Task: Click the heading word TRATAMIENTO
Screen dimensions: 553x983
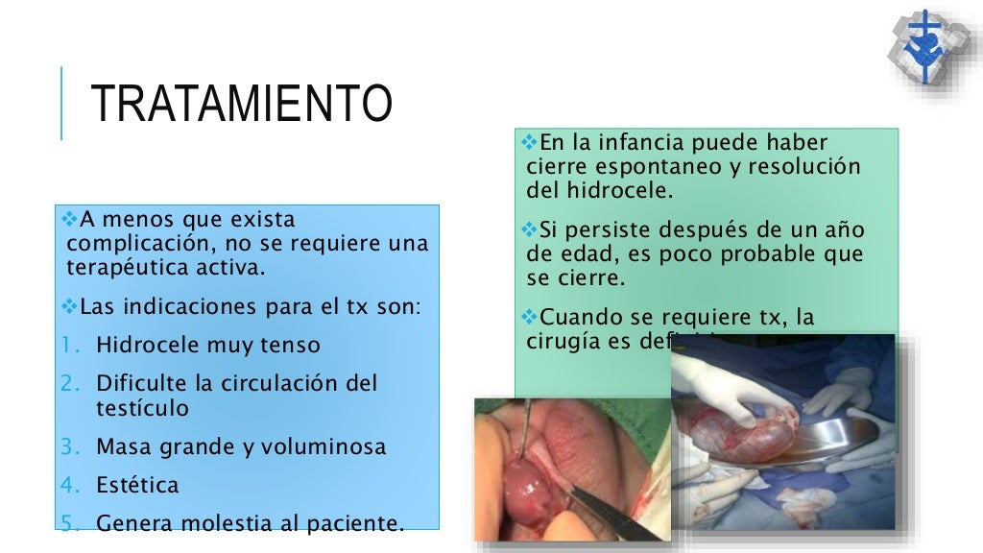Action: pyautogui.click(x=241, y=104)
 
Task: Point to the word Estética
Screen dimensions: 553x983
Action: pyautogui.click(x=137, y=485)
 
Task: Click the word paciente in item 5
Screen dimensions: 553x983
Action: pyautogui.click(x=354, y=523)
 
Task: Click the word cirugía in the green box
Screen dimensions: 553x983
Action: pyautogui.click(x=559, y=339)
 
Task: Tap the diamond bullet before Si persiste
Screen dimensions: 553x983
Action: pyautogui.click(x=533, y=229)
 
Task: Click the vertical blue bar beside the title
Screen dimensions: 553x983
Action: pyautogui.click(x=61, y=103)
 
